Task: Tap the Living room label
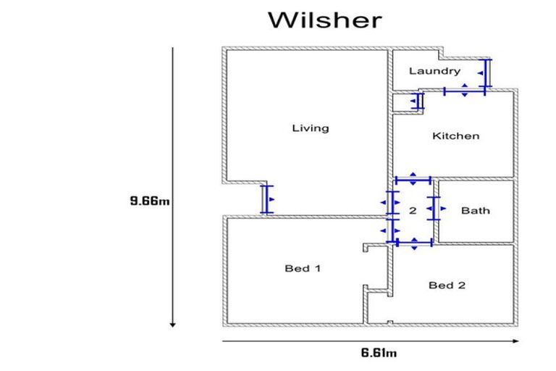[x=310, y=128]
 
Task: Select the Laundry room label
[x=434, y=71]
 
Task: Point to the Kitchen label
[x=455, y=136]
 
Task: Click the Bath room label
[x=475, y=211]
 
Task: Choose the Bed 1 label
[x=303, y=268]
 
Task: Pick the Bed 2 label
[x=447, y=285]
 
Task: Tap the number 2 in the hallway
[x=413, y=212]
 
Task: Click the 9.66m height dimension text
[x=149, y=201]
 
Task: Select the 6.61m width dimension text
[x=379, y=353]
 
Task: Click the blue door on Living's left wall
[x=265, y=199]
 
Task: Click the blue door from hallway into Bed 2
[x=413, y=243]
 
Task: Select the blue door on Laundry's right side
[x=487, y=73]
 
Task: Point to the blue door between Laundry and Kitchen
[x=464, y=91]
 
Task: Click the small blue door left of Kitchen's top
[x=418, y=101]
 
